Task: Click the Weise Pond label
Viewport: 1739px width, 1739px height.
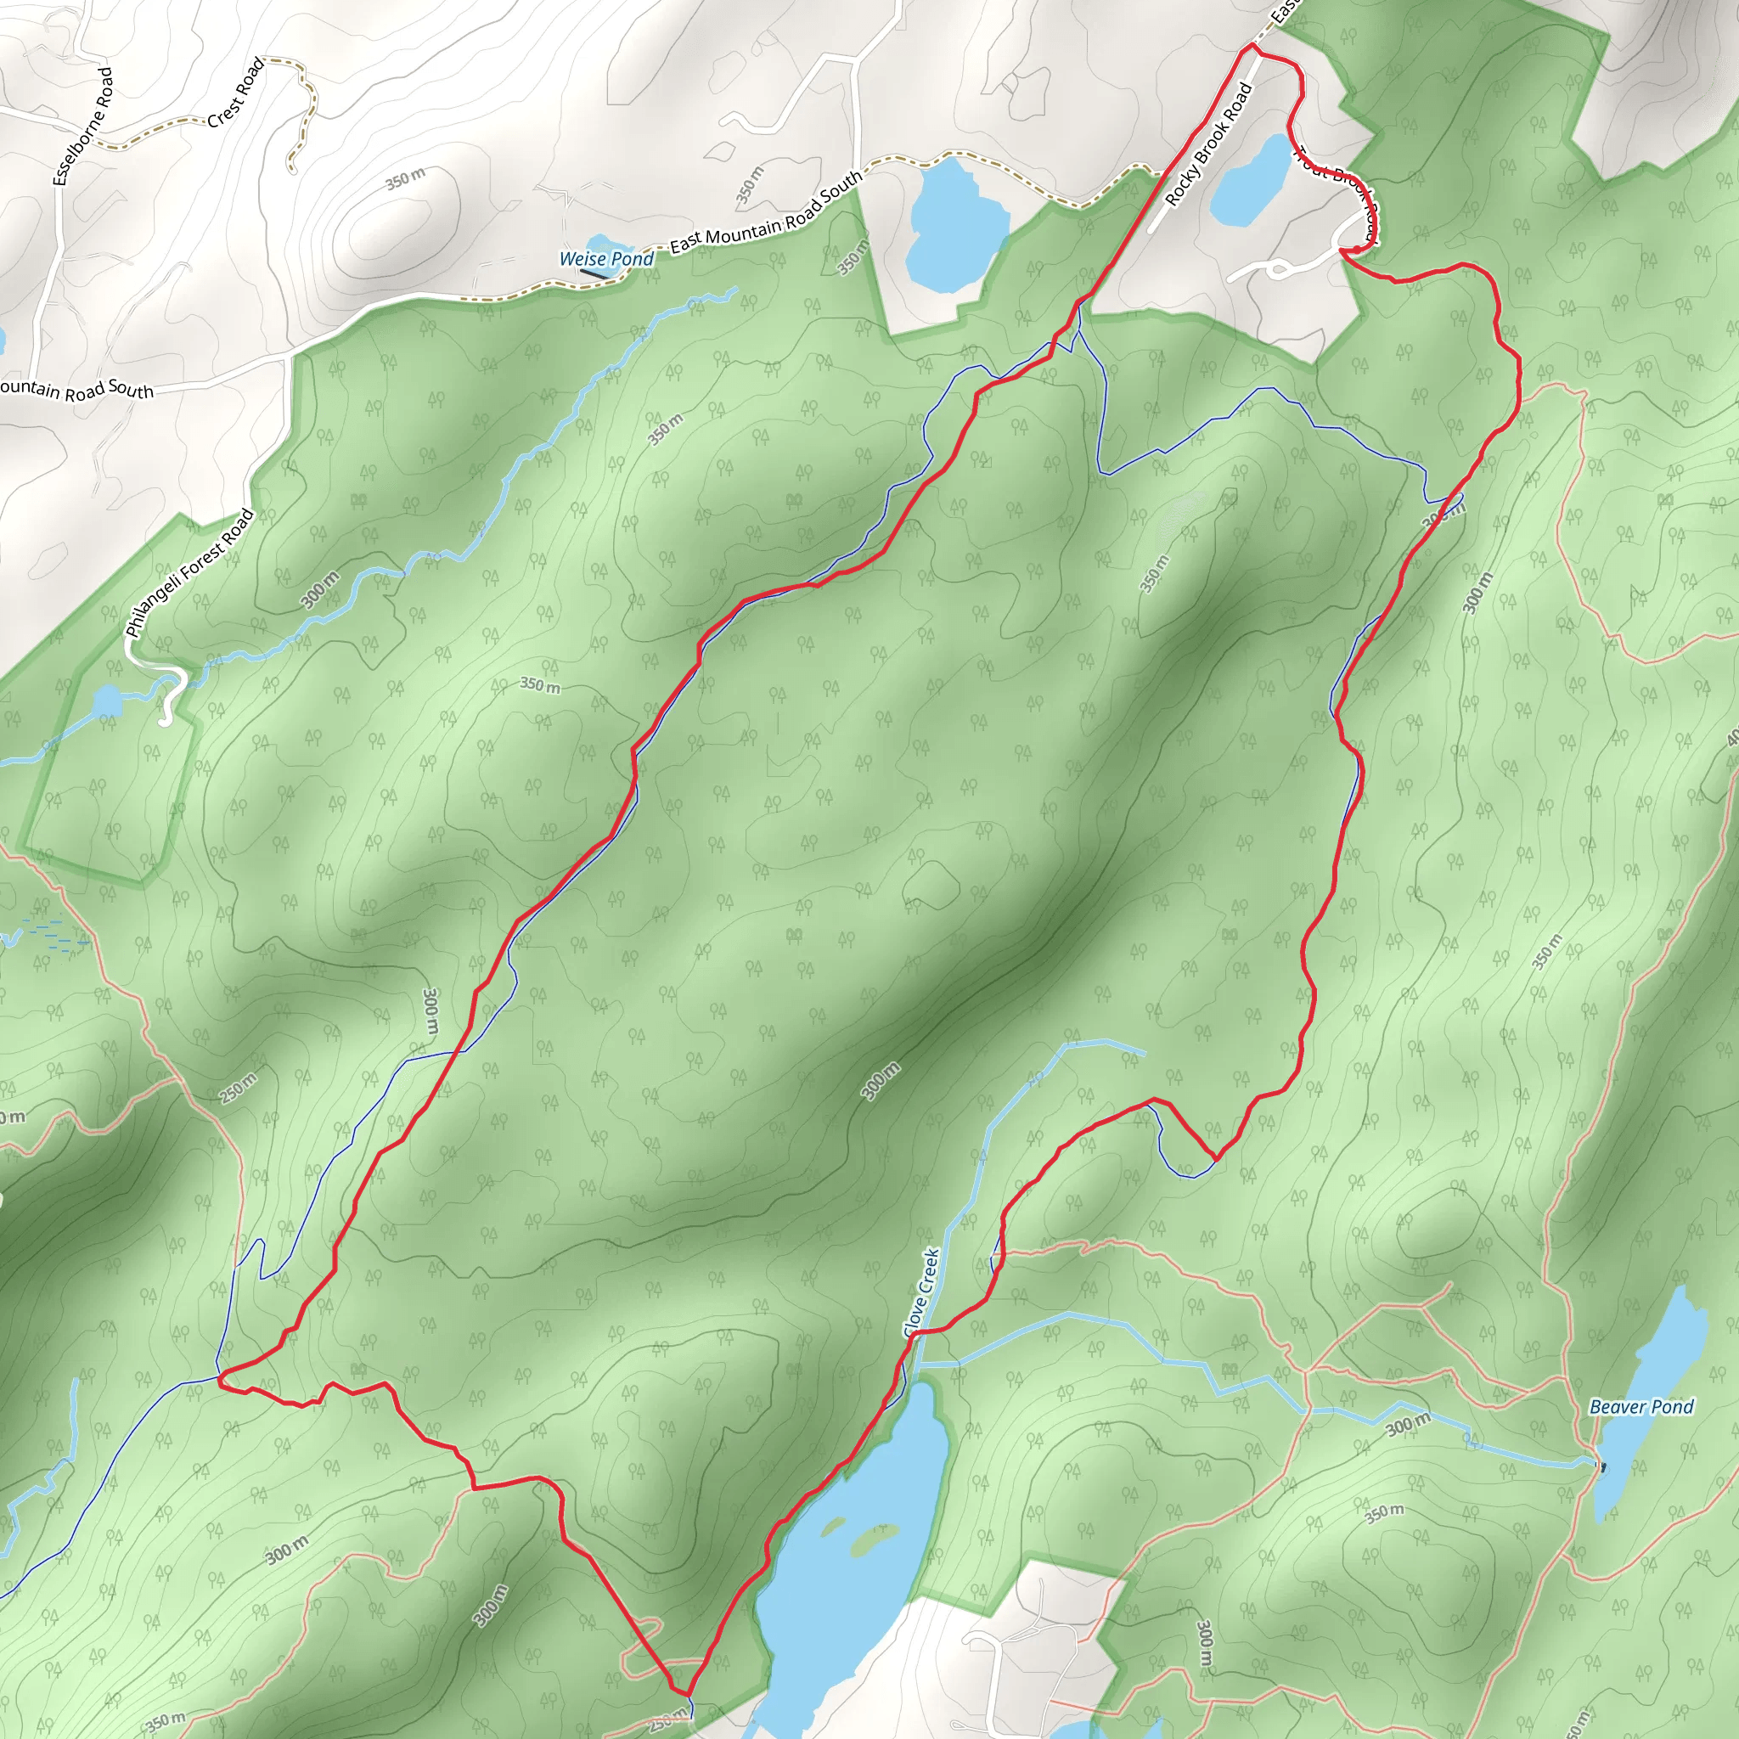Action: (x=605, y=259)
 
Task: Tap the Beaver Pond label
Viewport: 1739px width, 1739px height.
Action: (x=1641, y=1407)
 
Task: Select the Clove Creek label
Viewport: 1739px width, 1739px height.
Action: (x=920, y=1292)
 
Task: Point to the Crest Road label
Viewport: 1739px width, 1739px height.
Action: (x=236, y=92)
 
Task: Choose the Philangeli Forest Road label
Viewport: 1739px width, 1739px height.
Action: (x=189, y=573)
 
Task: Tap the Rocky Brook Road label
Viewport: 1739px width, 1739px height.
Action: (x=1208, y=144)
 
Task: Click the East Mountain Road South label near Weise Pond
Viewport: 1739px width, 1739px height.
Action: (x=766, y=213)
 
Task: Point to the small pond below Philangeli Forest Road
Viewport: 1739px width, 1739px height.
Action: (x=107, y=700)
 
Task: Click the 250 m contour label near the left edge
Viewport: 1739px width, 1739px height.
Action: (x=238, y=1088)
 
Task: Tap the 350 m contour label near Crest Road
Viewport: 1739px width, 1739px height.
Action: (x=405, y=178)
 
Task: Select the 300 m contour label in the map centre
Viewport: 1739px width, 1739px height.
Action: (x=880, y=1081)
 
